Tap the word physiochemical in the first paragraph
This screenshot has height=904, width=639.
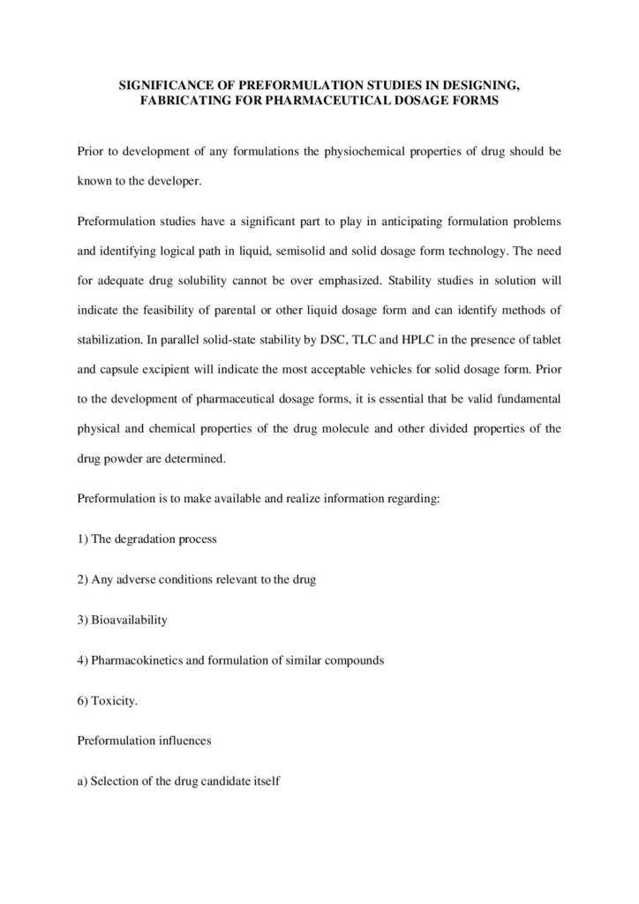click(365, 151)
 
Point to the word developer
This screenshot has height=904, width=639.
click(174, 179)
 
